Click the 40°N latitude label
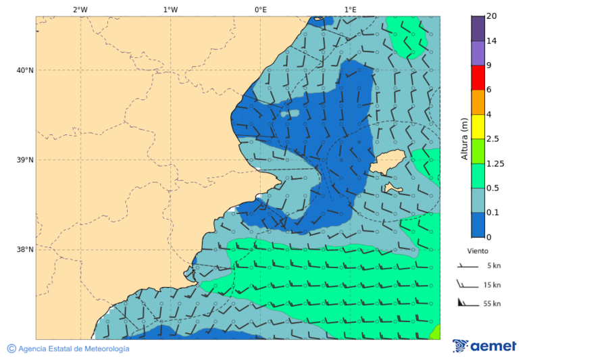pos(25,70)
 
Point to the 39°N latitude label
pos(25,160)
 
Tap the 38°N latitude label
pos(25,250)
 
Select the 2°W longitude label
pos(80,9)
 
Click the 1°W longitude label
pos(170,9)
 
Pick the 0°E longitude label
pos(260,9)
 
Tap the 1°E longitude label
pos(350,9)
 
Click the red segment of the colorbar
pos(478,78)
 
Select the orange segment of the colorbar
pos(478,102)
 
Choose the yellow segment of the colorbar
pos(478,126)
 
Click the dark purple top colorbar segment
pos(478,28)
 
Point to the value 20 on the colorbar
pos(492,17)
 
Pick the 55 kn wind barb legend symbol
pos(467,303)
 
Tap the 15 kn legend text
pos(492,285)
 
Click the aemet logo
pos(484,346)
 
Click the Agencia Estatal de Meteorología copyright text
pos(68,349)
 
